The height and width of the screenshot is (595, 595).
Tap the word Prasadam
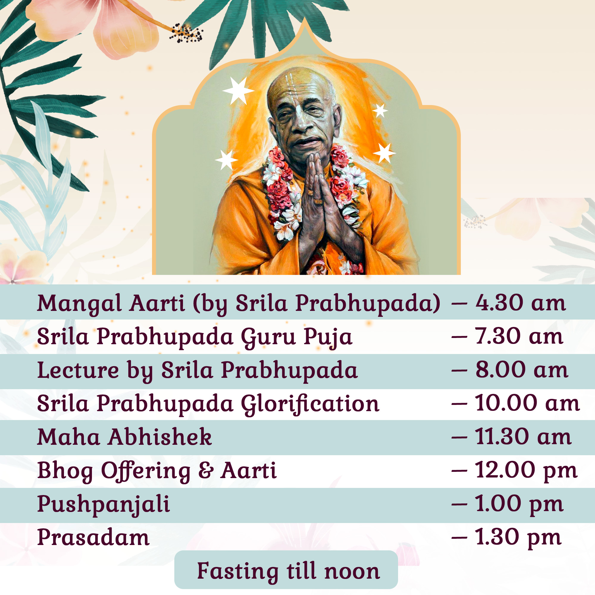pos(93,537)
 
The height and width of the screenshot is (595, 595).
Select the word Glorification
pos(310,404)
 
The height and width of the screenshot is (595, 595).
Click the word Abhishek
pos(160,436)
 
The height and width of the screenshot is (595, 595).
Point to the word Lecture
pos(78,369)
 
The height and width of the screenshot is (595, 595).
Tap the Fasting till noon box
pos(286,569)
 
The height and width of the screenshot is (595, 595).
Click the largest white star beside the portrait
pos(238,90)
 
